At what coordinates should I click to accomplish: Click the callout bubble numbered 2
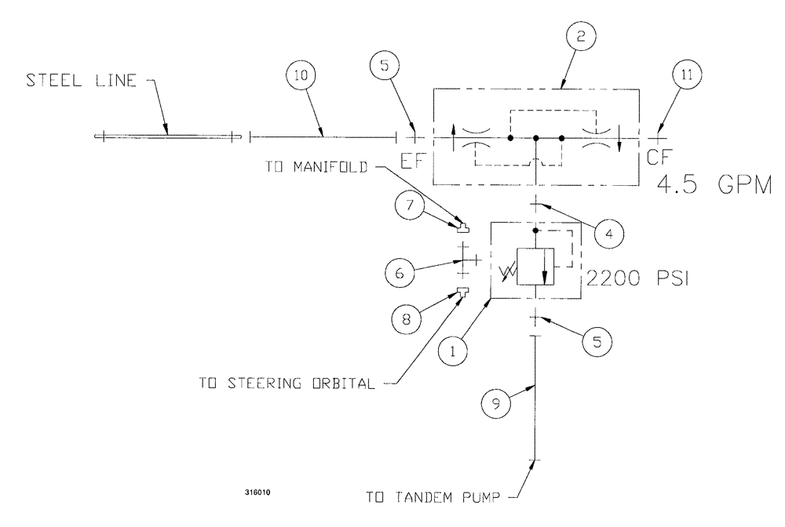(580, 36)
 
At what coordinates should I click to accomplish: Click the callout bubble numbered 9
(494, 404)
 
